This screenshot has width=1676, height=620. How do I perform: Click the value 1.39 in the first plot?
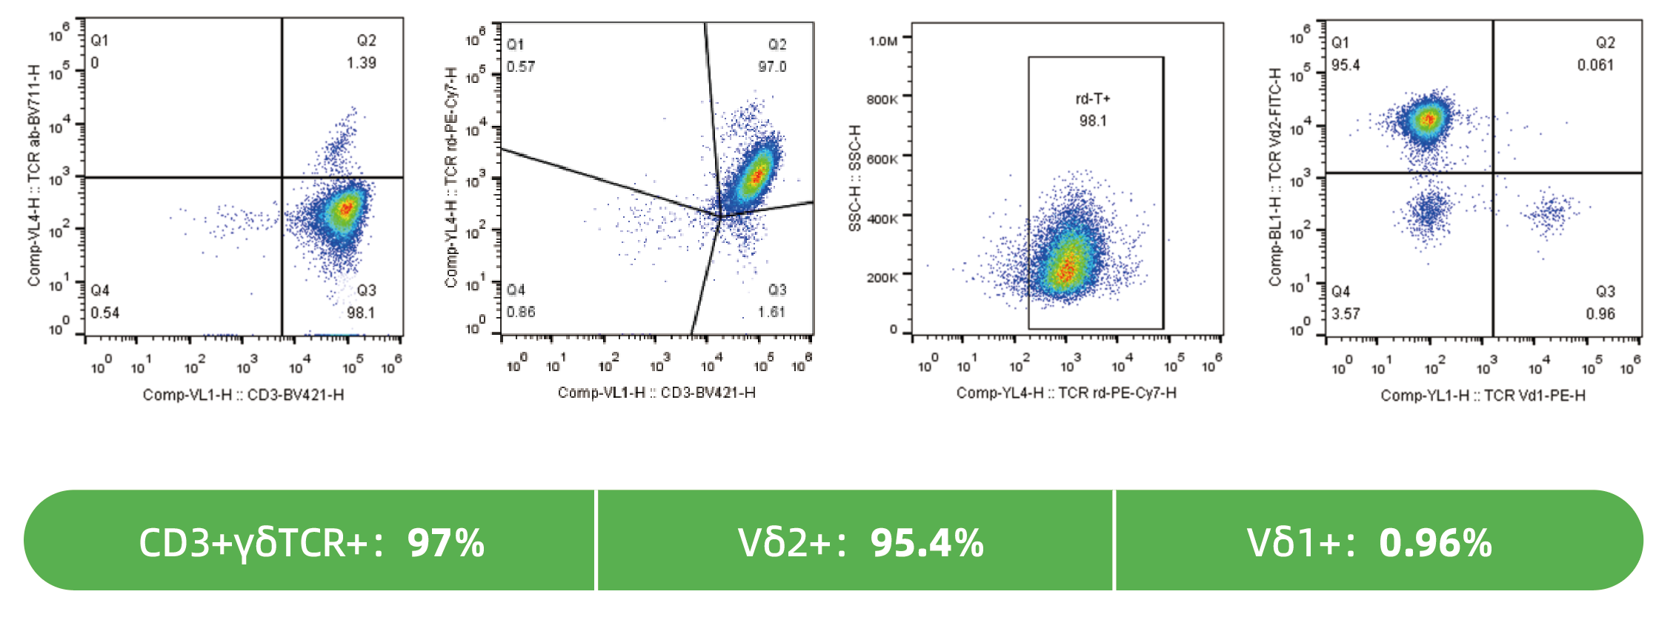tap(361, 63)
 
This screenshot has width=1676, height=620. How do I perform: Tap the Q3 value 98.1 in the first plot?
tap(361, 313)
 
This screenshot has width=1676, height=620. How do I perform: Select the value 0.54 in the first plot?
tap(105, 313)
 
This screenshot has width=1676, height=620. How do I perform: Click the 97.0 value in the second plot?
tap(772, 67)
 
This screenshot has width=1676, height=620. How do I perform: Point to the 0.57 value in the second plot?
tap(521, 67)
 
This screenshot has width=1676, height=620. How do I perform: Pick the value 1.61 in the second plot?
tap(771, 312)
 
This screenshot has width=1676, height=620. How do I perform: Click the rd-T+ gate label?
tap(1093, 99)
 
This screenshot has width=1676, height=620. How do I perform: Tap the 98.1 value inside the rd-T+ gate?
tap(1093, 121)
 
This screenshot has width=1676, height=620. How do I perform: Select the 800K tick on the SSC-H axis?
tap(882, 99)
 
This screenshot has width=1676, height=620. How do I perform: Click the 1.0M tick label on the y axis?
tap(883, 41)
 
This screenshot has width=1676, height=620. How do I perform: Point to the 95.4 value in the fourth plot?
tap(1346, 65)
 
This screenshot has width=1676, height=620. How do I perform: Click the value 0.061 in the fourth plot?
tap(1595, 65)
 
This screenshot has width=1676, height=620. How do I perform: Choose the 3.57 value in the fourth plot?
tap(1346, 314)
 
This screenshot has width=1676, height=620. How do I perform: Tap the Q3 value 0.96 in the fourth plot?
tap(1600, 314)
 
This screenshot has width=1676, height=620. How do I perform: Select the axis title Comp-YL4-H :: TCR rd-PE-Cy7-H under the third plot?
tap(1066, 393)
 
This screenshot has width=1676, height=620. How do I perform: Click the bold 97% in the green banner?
tap(446, 543)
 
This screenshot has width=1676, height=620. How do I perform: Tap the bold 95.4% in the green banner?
tap(927, 543)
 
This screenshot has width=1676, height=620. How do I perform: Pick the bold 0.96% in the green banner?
tap(1435, 543)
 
